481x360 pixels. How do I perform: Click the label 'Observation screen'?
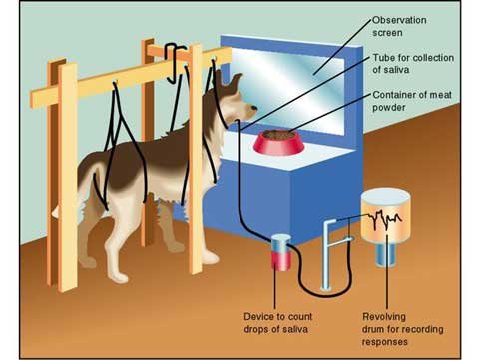[400, 26]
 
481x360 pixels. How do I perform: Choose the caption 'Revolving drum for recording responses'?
[397, 325]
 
